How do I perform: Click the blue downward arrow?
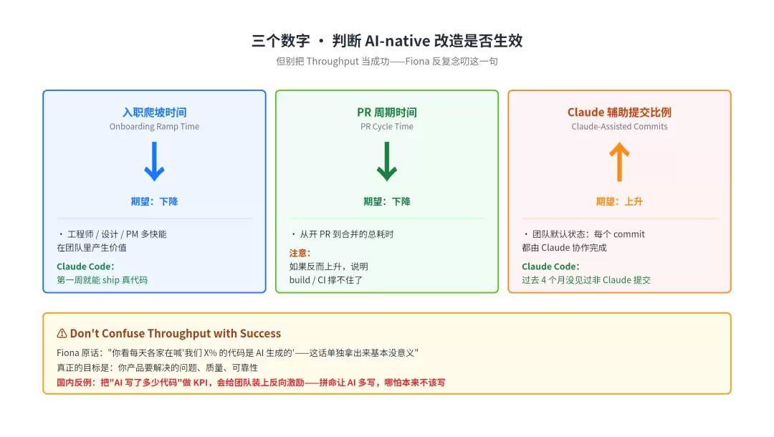155,161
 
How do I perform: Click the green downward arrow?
386,161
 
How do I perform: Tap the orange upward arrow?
619,162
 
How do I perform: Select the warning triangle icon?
62,333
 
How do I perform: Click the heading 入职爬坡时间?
155,112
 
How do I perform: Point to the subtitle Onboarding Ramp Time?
155,127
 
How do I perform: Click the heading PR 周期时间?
387,112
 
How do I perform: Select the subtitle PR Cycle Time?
387,127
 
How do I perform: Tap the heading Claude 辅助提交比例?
619,112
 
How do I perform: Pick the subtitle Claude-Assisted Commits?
619,127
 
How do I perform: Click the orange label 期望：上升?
619,201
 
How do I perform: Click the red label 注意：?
300,253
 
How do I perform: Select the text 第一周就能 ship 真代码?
102,280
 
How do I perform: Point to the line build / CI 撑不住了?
326,280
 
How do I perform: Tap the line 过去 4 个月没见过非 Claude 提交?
586,280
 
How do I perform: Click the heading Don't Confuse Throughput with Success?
176,333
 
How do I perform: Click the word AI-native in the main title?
396,40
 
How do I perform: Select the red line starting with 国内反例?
251,383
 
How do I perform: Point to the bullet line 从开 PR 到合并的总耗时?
347,234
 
